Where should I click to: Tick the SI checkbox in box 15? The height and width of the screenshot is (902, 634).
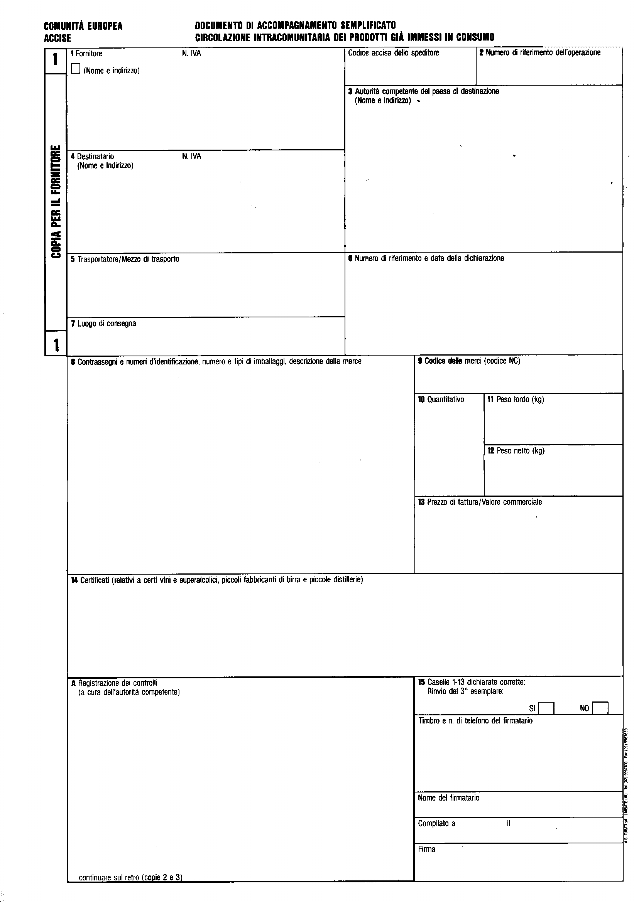(x=546, y=708)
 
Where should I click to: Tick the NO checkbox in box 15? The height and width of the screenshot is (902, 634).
(x=600, y=708)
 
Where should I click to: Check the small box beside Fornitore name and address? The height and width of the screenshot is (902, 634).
(x=76, y=69)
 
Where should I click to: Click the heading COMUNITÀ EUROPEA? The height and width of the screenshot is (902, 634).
(x=83, y=26)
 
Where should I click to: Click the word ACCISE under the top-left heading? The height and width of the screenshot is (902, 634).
(x=57, y=39)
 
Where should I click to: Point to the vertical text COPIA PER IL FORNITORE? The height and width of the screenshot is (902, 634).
(x=56, y=202)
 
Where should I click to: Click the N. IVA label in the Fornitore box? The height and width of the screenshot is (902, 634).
(x=191, y=54)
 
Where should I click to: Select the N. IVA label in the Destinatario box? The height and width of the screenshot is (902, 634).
(x=191, y=156)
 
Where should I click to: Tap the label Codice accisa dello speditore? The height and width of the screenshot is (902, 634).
(x=394, y=53)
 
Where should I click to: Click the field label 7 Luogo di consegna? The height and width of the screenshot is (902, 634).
(x=103, y=324)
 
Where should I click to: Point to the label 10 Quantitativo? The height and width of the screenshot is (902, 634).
(x=441, y=400)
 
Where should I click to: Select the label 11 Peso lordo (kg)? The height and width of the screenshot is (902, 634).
(x=516, y=400)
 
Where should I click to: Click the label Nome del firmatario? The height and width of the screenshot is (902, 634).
(x=448, y=798)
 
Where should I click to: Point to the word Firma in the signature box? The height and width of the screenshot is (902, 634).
(x=426, y=849)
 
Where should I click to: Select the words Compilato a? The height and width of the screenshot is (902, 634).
(x=437, y=823)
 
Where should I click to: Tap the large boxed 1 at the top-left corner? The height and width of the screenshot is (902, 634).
(x=56, y=60)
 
